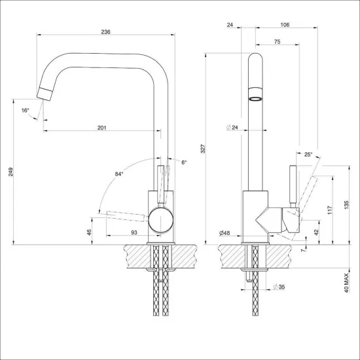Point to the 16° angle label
click(26, 111)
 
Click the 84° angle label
click(118, 174)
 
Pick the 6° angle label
click(184, 162)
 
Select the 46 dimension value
click(89, 231)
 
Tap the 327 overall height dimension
click(204, 149)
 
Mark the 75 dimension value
click(278, 41)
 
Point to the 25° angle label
click(308, 155)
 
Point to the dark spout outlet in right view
click(255, 98)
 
